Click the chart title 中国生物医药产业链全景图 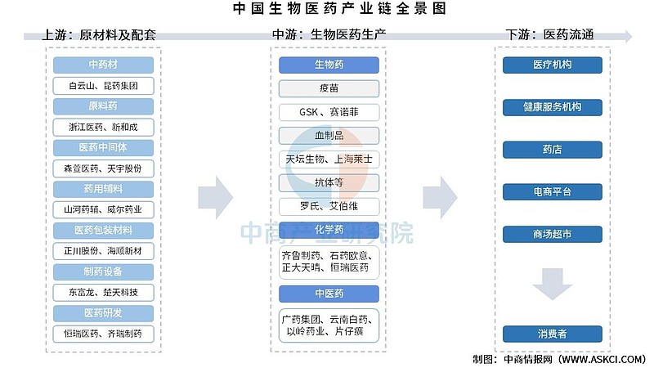tap(339, 8)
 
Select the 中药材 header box tap(103, 65)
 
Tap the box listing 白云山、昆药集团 tap(103, 86)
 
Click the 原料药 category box tap(103, 106)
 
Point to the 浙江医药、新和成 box tap(103, 127)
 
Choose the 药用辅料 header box tap(103, 189)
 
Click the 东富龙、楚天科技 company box tap(103, 292)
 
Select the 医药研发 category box tap(103, 313)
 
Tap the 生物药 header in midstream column tap(329, 65)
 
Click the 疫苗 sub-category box tap(329, 88)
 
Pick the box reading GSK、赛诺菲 tap(329, 112)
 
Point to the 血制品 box tap(329, 135)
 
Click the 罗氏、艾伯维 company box tap(329, 206)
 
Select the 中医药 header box tap(329, 294)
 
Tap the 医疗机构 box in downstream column tap(553, 65)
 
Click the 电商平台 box tap(553, 192)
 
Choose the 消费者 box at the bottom tap(553, 334)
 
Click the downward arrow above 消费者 tap(553, 284)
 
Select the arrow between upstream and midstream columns tap(216, 198)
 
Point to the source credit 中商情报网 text tap(527, 359)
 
